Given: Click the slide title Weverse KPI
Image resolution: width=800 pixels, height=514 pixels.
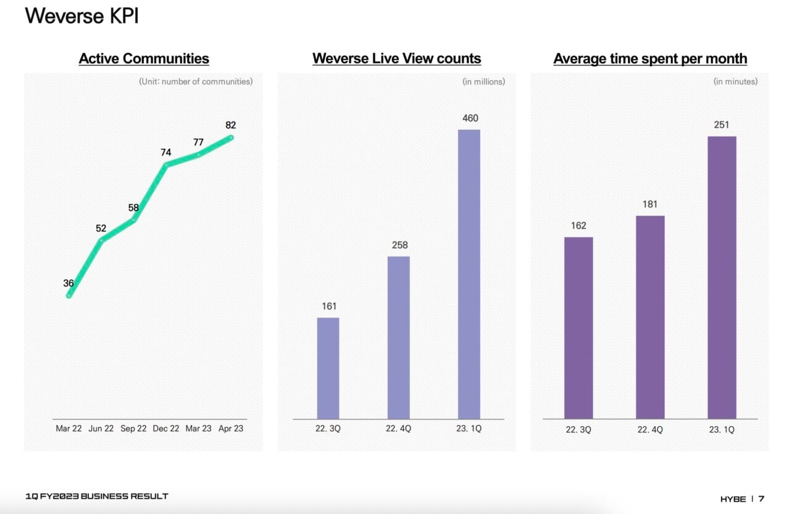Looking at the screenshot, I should click(81, 16).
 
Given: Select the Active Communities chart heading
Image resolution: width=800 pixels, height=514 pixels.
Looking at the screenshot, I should click(144, 59).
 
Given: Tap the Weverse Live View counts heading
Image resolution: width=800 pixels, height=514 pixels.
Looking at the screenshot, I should click(396, 59).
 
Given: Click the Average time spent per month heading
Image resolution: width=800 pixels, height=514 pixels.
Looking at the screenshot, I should click(650, 59).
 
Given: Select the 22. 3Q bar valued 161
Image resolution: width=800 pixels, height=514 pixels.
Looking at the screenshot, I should click(328, 368).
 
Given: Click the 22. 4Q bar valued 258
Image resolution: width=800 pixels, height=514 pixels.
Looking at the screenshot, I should click(398, 337).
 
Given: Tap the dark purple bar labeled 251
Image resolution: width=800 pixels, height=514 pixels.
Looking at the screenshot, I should click(722, 277).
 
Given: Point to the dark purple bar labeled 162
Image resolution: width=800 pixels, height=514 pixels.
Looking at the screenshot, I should click(578, 327).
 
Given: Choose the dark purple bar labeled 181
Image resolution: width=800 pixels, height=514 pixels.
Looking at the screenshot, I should click(650, 317).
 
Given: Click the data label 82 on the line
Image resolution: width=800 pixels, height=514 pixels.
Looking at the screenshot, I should click(231, 125).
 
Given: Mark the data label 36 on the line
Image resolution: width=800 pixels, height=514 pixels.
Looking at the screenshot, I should click(69, 284).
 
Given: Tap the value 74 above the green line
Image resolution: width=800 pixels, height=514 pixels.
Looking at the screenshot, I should click(165, 153).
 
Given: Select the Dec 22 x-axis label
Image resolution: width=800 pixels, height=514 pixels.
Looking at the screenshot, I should click(165, 429).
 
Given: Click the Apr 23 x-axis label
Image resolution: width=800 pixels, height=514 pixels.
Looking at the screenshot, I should click(231, 429).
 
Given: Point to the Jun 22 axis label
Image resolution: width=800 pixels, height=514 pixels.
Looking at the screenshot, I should click(101, 429).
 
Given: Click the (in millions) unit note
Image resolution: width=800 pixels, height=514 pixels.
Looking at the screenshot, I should click(483, 82).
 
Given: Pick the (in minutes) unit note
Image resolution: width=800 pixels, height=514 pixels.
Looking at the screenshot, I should click(735, 82).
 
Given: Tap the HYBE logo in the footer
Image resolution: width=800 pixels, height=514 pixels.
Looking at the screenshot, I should click(733, 499).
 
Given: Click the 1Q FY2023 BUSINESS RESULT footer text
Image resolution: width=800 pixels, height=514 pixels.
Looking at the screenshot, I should click(97, 496).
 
